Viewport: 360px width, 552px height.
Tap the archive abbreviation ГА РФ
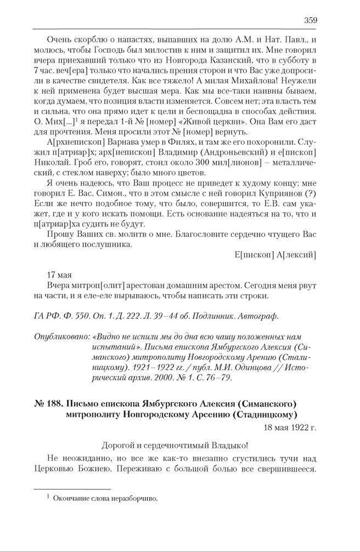click(x=47, y=317)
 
